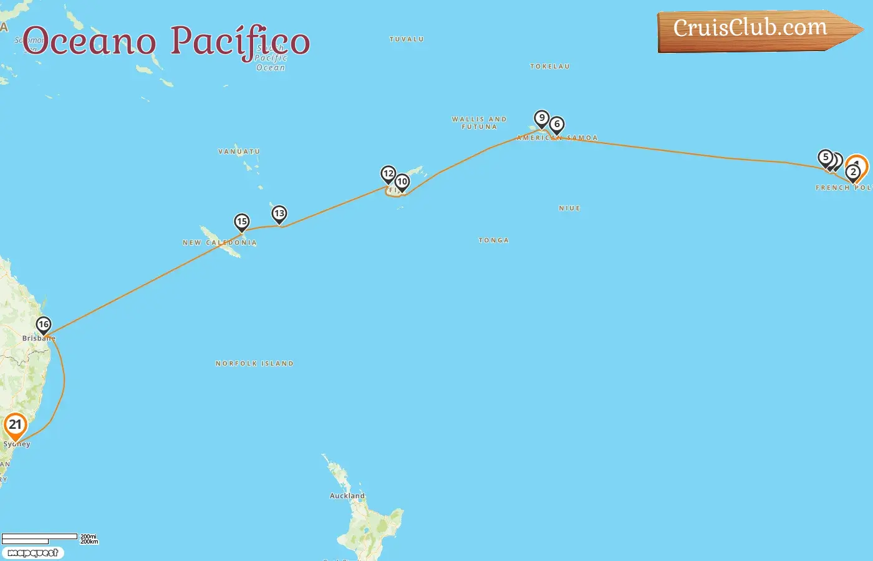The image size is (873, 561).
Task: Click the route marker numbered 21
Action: pyautogui.click(x=15, y=425)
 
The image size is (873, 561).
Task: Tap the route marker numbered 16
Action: pyautogui.click(x=43, y=324)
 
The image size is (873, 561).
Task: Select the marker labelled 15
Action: pyautogui.click(x=242, y=221)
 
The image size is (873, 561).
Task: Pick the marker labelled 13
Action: pyautogui.click(x=279, y=214)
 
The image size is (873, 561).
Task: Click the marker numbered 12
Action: pyautogui.click(x=388, y=173)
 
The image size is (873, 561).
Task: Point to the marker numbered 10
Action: pyautogui.click(x=402, y=181)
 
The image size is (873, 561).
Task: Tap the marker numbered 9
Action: pyautogui.click(x=542, y=118)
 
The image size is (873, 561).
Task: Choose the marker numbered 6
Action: pyautogui.click(x=557, y=124)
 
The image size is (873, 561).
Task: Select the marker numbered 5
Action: pyautogui.click(x=826, y=157)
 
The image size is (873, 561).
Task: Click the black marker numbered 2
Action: pyautogui.click(x=854, y=172)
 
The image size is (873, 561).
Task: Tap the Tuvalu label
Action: pyautogui.click(x=407, y=39)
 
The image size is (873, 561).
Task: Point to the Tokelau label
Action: pyautogui.click(x=549, y=67)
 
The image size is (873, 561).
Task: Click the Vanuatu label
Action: pyautogui.click(x=239, y=151)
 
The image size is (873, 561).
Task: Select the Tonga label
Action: pyautogui.click(x=493, y=241)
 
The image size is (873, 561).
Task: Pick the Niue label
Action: pyautogui.click(x=569, y=208)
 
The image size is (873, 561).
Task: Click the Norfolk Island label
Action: pyautogui.click(x=254, y=363)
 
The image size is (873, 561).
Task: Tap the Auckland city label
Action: pyautogui.click(x=347, y=496)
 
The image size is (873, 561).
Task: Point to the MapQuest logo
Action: pyautogui.click(x=33, y=553)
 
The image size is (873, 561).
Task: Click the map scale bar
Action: pyautogui.click(x=40, y=538)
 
